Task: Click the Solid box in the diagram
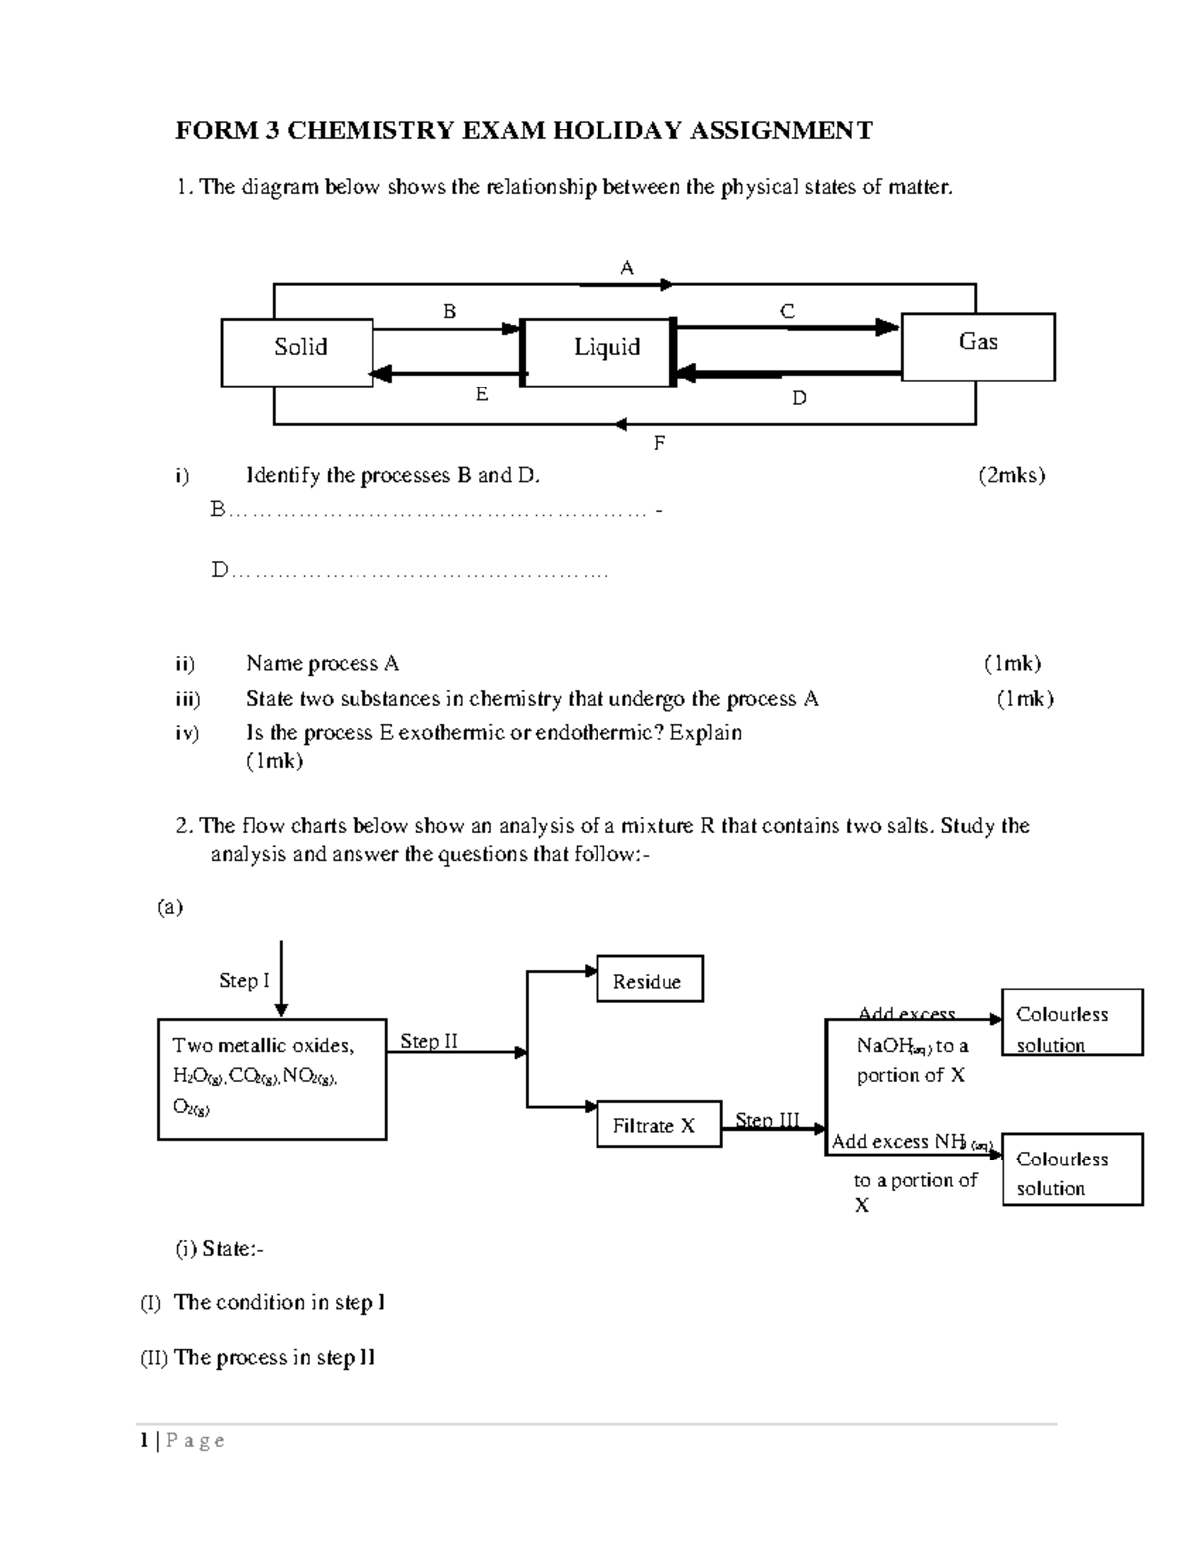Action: click(298, 353)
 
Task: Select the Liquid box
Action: click(598, 353)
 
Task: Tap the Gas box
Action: click(977, 346)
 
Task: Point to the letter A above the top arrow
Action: click(627, 267)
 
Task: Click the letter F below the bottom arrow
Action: click(658, 443)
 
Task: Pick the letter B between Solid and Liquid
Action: click(450, 311)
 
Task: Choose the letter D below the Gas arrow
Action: click(799, 398)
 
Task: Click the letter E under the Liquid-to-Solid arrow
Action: click(482, 394)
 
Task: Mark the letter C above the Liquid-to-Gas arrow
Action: click(787, 311)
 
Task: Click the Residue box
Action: click(649, 979)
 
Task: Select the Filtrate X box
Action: click(658, 1125)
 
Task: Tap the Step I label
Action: click(244, 980)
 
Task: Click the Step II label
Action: click(429, 1041)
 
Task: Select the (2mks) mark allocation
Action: click(1011, 475)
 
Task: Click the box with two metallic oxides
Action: click(272, 1079)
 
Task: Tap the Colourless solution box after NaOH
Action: click(1072, 1023)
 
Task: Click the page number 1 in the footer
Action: click(145, 1440)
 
